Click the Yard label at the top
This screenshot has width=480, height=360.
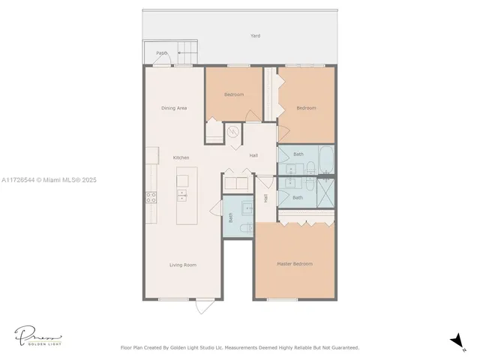click(x=256, y=35)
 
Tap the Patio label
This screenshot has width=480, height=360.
click(x=161, y=53)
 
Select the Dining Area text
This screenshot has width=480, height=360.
click(x=174, y=108)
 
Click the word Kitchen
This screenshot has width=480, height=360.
click(x=181, y=157)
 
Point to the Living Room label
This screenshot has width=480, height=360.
click(x=182, y=264)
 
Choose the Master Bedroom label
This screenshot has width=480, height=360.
click(x=294, y=264)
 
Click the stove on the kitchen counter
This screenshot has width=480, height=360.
click(x=151, y=198)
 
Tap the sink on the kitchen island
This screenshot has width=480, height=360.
click(x=181, y=196)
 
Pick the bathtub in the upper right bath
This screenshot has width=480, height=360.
click(x=326, y=158)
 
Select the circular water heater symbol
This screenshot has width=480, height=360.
click(x=233, y=132)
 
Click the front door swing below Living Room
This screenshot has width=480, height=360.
click(x=204, y=307)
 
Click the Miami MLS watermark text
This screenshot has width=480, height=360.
click(x=49, y=180)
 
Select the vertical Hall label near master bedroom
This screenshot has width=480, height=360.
click(x=265, y=198)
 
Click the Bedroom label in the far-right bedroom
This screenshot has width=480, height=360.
click(x=306, y=108)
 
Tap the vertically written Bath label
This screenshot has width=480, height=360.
click(x=230, y=218)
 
